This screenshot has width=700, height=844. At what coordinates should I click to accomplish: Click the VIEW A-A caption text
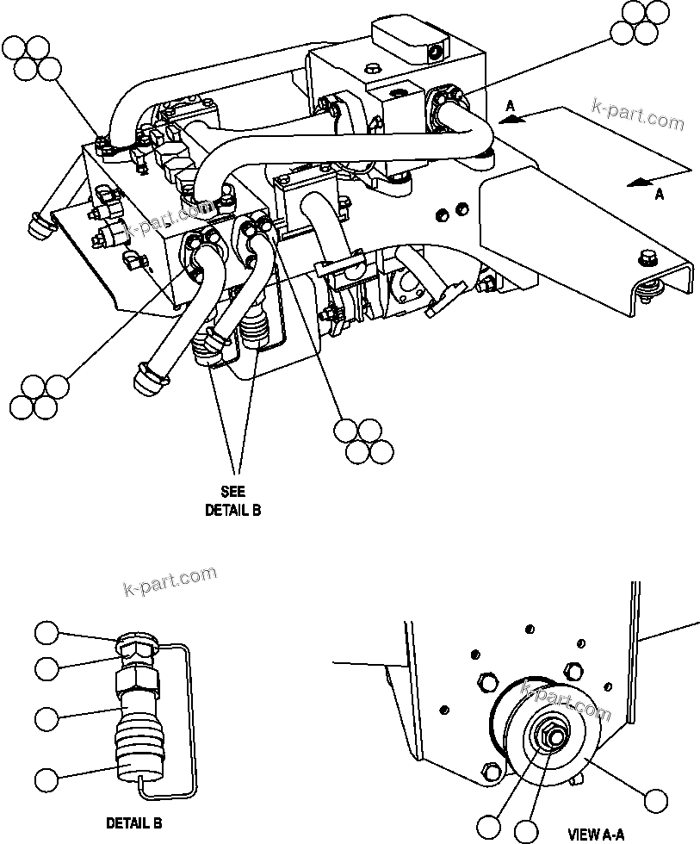[598, 834]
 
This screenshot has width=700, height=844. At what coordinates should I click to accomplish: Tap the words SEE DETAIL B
[232, 500]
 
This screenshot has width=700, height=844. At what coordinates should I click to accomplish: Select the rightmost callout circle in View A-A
[657, 801]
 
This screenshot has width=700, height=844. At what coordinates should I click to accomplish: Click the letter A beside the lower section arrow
[660, 195]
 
